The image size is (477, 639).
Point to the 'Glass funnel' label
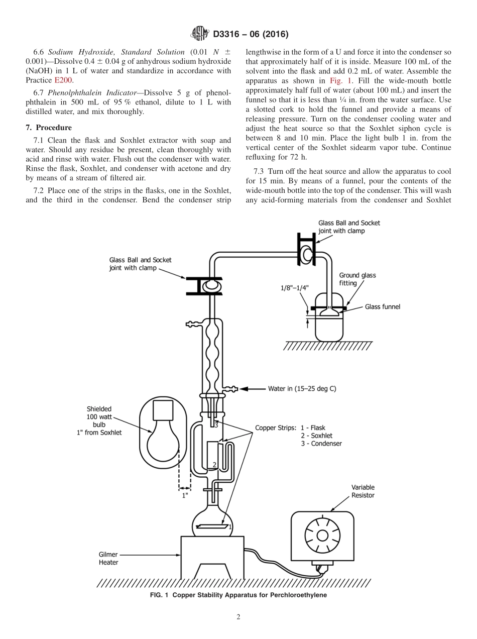coord(382,306)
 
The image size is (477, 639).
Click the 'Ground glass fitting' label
coord(357,279)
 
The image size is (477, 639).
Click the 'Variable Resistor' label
coord(363,491)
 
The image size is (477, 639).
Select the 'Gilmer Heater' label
coord(108,559)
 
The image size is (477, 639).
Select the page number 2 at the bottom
coord(238,617)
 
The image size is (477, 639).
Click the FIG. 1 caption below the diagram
coord(238,595)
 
